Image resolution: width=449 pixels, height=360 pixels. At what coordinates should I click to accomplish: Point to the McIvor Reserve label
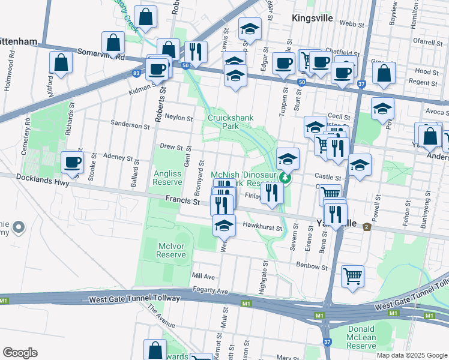point(171,250)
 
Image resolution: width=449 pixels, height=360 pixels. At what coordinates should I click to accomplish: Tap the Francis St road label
point(182,202)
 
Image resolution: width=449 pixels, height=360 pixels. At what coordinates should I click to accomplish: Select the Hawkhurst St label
point(262,226)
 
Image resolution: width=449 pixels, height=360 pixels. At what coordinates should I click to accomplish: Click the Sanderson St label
point(130,125)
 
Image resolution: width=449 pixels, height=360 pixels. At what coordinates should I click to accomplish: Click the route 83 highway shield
point(137,73)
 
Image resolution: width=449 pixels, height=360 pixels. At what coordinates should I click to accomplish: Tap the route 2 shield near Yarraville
point(366,225)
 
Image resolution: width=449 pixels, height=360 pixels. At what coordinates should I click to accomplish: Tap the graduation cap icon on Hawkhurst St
point(224,226)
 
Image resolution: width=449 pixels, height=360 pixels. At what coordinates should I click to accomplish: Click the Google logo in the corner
point(20,353)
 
